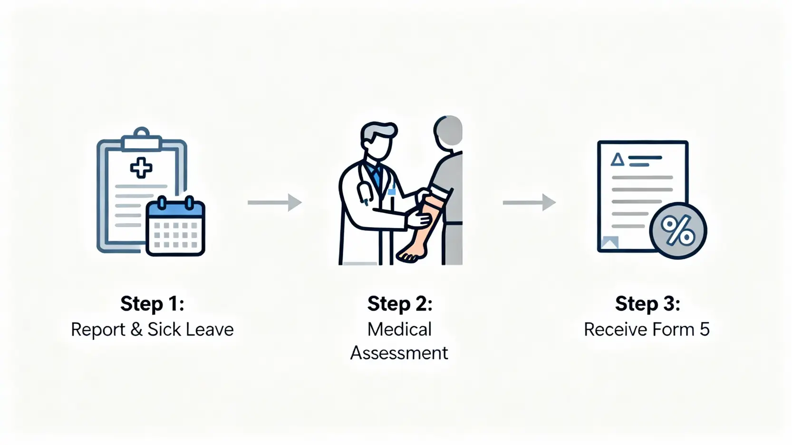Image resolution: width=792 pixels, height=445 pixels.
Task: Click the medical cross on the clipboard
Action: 141,168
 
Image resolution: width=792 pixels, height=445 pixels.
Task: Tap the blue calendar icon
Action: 175,227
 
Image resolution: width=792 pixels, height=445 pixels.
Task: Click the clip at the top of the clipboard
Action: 141,139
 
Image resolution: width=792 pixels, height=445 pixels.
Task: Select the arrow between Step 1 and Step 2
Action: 275,202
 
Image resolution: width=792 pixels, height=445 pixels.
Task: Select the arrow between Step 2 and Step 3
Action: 529,202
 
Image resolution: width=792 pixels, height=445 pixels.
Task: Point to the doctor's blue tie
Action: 377,178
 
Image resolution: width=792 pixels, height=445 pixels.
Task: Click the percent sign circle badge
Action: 678,231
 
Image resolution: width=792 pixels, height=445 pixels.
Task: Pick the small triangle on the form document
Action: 617,159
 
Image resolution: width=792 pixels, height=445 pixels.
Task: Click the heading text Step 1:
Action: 152,304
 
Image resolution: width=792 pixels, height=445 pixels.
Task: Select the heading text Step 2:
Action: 400,304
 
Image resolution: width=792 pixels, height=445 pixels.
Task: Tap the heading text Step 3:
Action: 647,304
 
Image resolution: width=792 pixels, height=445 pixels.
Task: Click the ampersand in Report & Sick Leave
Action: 136,330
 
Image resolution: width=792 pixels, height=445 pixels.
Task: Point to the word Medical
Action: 399,330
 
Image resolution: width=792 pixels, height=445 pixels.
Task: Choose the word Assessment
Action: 399,353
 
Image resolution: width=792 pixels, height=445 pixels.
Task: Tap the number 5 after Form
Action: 705,330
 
